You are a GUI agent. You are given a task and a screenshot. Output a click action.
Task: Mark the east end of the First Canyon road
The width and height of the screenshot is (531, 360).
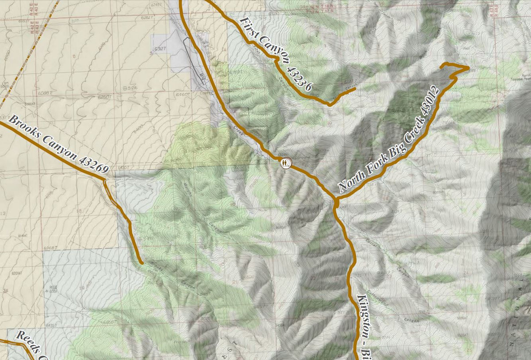355,89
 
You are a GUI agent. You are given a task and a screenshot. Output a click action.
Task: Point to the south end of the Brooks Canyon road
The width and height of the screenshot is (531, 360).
142,263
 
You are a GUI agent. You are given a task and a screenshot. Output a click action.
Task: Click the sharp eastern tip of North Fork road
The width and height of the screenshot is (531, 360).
468,68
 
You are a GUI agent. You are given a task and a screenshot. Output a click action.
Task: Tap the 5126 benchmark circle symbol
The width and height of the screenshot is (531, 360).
127,88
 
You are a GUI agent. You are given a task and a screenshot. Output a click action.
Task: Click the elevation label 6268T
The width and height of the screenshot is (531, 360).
51,249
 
